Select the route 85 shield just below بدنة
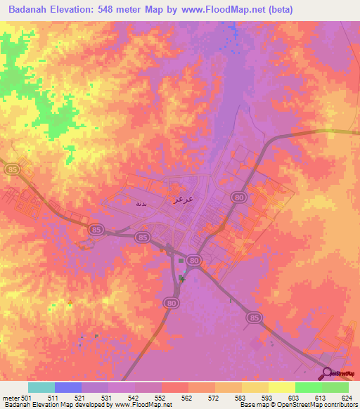96,229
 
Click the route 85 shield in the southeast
254,318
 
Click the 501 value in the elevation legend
27,398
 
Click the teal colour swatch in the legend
41,387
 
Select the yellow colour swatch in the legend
282,387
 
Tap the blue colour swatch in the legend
68,387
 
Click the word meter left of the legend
11,398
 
